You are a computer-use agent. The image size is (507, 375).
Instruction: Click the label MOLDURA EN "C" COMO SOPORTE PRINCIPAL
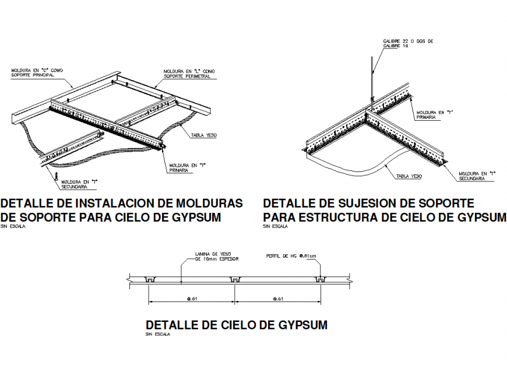point(37,73)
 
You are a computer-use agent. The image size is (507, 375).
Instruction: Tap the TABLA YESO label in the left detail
point(204,135)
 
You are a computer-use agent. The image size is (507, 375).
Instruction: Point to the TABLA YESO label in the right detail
point(408,176)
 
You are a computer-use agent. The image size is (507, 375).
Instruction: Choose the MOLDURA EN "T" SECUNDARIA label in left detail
point(79,184)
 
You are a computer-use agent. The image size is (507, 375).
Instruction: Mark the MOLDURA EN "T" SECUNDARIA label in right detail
point(477,176)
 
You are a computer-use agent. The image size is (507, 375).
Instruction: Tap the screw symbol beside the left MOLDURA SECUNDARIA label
point(57,174)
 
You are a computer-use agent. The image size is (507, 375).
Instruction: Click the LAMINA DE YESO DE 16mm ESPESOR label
point(217,256)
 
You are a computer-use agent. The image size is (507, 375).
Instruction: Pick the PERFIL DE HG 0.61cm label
point(291,256)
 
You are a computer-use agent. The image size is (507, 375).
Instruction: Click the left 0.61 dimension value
point(192,300)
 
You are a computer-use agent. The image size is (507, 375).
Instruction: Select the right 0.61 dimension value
point(278,300)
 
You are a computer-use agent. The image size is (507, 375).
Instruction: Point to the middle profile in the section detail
point(235,281)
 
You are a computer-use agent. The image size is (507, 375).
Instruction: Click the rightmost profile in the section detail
point(320,281)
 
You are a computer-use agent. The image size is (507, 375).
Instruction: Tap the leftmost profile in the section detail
point(150,281)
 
